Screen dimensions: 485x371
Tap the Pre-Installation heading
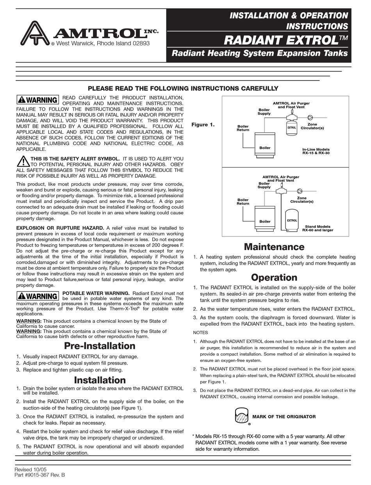coord(100,346)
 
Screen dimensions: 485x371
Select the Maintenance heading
coord(274,247)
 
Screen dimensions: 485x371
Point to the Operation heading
coord(274,277)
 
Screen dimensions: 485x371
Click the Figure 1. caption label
coord(203,125)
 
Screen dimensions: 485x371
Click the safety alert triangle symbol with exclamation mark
coord(23,161)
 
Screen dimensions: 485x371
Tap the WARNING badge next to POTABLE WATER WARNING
coord(37,296)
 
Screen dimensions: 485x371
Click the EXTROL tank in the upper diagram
coord(292,128)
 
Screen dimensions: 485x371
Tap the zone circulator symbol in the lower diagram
coord(300,191)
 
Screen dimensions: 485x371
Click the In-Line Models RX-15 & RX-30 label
coord(316,152)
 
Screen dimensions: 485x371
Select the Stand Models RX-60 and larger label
coord(317,228)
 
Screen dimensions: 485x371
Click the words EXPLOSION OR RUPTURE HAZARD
coord(60,228)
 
